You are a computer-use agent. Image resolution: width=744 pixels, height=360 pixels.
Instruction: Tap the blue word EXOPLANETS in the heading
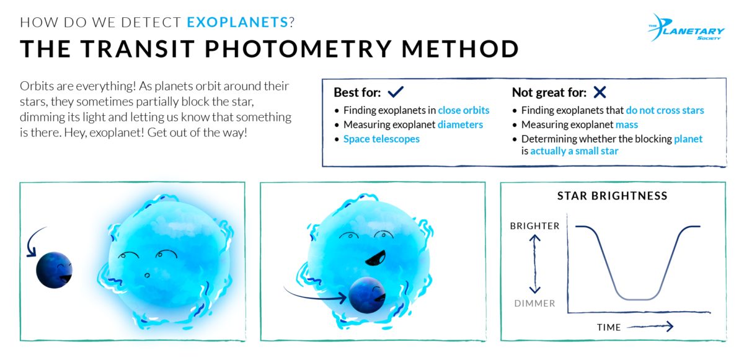point(237,23)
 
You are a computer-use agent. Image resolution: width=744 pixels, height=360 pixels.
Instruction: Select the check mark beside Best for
point(395,92)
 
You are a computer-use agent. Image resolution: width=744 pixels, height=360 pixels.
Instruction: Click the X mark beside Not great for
point(599,92)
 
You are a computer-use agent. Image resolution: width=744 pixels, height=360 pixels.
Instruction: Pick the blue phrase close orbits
point(463,110)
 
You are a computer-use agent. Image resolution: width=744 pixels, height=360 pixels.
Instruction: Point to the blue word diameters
point(460,125)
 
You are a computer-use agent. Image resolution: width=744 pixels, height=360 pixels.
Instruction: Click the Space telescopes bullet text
point(381,139)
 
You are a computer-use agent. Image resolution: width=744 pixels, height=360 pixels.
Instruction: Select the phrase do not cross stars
point(665,110)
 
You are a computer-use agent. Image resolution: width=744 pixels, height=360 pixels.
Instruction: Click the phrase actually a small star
point(574,151)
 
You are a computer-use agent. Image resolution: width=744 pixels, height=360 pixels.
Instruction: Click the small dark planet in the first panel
point(54,270)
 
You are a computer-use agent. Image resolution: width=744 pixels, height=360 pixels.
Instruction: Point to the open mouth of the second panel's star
point(376,256)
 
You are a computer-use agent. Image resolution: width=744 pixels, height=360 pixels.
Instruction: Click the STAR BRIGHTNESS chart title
point(612,196)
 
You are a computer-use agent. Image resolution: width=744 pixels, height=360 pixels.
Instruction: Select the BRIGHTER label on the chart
point(534,226)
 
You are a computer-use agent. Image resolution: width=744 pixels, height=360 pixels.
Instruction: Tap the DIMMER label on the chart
point(534,304)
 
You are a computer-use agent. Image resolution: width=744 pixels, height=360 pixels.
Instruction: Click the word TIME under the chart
point(609,327)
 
